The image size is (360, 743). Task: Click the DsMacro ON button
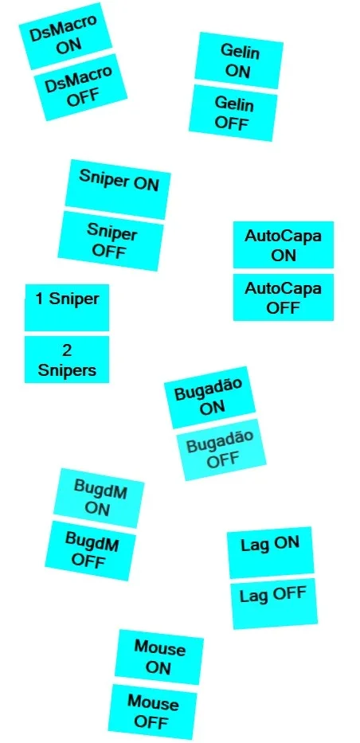(x=65, y=36)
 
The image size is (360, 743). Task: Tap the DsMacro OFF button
(x=80, y=88)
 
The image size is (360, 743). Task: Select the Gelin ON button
(x=239, y=61)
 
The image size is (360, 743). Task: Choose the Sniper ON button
(x=117, y=190)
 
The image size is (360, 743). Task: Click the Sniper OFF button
(x=111, y=241)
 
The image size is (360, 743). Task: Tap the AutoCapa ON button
(x=284, y=244)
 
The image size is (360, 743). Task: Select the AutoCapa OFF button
(x=284, y=297)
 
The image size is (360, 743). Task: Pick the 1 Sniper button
(x=67, y=307)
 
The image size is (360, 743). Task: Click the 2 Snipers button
(x=67, y=359)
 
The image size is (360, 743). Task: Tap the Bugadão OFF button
(x=221, y=450)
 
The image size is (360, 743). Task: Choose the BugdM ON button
(x=99, y=499)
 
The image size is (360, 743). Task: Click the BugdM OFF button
(x=91, y=550)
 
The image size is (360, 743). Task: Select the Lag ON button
(x=270, y=553)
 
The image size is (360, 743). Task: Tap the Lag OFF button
(x=274, y=604)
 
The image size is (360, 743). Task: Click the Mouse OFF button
(x=153, y=713)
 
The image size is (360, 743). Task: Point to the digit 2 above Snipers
(x=67, y=350)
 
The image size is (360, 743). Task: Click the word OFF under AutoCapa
(x=284, y=308)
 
